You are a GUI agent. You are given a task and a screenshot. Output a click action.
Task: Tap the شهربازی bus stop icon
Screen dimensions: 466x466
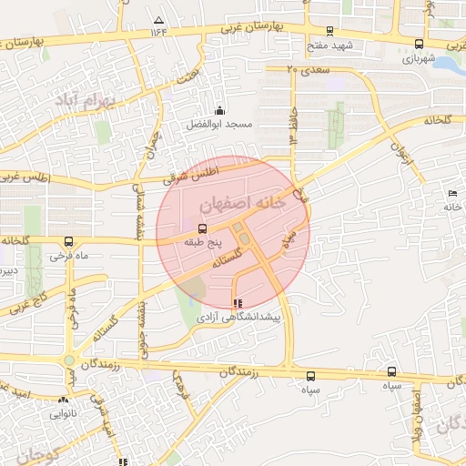tap(419, 43)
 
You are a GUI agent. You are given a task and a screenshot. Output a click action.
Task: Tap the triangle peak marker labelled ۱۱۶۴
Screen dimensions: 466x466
tap(159, 19)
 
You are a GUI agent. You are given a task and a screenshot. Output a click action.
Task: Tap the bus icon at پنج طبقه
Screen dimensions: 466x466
tap(201, 228)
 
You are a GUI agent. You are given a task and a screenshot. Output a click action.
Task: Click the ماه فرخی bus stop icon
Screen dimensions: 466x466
tap(69, 242)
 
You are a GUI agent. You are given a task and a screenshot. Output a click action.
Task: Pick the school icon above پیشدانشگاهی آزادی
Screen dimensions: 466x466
tap(238, 303)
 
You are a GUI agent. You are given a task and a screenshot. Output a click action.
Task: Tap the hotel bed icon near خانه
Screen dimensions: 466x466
tap(453, 193)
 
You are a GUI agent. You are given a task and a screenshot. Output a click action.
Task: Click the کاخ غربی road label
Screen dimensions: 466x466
tap(27, 305)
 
